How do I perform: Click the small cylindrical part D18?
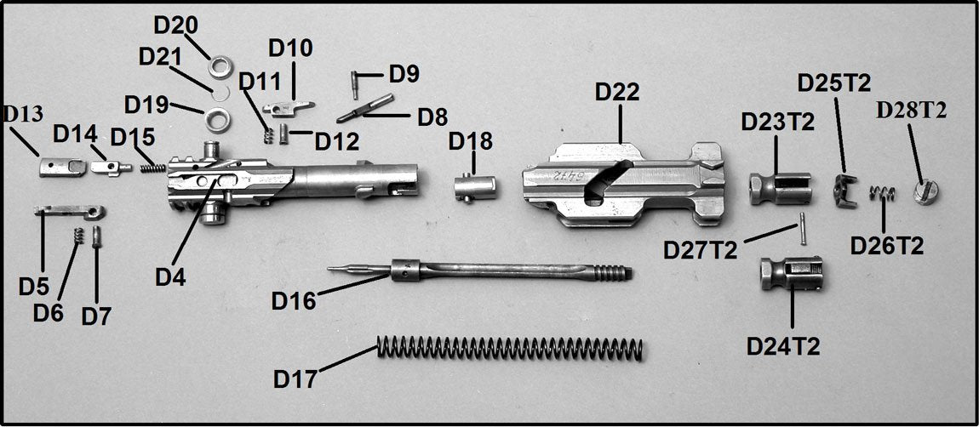click(473, 186)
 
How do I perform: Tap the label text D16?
click(294, 300)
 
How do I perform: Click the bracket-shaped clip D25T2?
click(843, 189)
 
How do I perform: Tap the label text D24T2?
click(783, 346)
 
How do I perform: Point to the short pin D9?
click(355, 83)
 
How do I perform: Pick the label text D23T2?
click(777, 122)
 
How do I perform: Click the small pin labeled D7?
click(97, 236)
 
